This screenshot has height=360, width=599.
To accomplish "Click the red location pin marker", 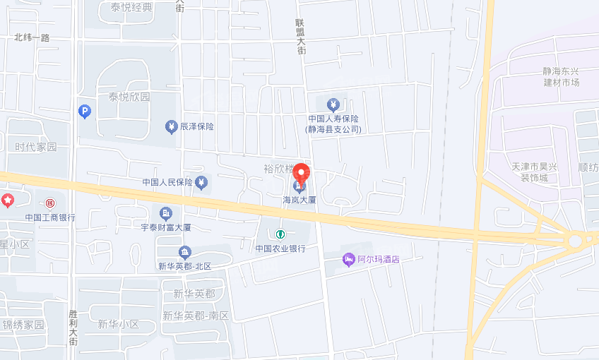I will [302, 174].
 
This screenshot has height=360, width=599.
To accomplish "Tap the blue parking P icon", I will [85, 111].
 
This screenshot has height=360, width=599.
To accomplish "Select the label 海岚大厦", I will [299, 200].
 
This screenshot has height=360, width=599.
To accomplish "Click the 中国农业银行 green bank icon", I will [280, 234].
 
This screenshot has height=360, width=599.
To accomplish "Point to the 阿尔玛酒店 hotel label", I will [378, 259].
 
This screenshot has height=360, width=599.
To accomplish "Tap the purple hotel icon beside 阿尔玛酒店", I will [348, 259].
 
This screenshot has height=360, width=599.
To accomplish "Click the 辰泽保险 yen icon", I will [171, 126].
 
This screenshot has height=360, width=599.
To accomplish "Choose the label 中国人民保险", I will [167, 182].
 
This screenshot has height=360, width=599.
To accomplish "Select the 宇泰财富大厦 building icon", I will [166, 212].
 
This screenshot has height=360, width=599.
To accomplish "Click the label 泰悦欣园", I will [129, 97].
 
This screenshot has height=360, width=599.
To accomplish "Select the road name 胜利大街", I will [73, 324].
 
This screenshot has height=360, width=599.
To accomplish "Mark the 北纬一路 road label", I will [32, 37].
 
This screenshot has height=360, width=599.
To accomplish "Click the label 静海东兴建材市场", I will [561, 77].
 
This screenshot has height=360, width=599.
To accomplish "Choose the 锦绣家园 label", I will [23, 325].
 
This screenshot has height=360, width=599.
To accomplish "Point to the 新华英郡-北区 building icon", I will [184, 252].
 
